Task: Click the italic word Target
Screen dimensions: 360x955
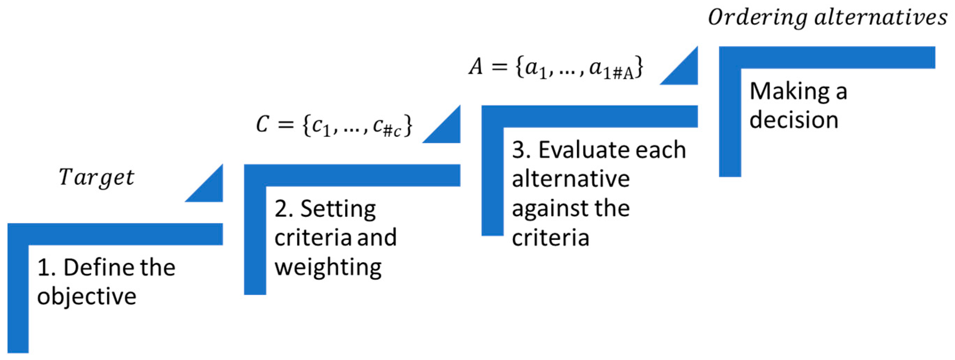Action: (96, 177)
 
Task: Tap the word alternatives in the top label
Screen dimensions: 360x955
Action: (881, 17)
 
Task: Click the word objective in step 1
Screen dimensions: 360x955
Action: (87, 297)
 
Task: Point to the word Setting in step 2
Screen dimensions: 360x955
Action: (338, 209)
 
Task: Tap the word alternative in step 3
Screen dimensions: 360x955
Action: (570, 179)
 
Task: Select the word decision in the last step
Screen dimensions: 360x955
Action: (794, 120)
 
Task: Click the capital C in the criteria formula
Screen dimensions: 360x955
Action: (262, 125)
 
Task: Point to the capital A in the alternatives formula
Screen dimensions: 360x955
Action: (476, 67)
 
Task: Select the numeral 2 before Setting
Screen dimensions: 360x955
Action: (281, 209)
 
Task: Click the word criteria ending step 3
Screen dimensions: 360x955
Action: (551, 238)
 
